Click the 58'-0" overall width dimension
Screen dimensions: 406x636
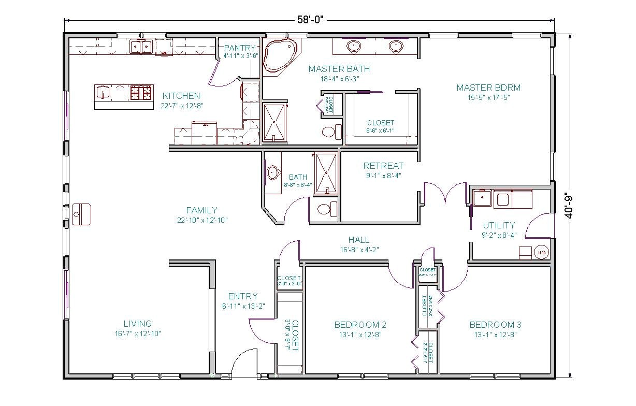click(x=309, y=20)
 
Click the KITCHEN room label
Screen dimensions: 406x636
click(x=181, y=96)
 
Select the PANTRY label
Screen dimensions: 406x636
click(x=240, y=48)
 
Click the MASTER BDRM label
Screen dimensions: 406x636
click(x=488, y=88)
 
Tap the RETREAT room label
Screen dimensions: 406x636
click(x=383, y=166)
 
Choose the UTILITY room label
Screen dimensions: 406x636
click(x=499, y=225)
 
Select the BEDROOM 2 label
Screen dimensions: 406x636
click(x=360, y=325)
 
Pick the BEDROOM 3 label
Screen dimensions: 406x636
click(x=495, y=325)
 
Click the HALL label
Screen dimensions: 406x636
click(x=359, y=240)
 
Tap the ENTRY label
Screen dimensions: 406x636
click(x=242, y=296)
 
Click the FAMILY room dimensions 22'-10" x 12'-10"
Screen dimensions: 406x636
click(x=202, y=220)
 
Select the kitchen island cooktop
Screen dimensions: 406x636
click(x=141, y=93)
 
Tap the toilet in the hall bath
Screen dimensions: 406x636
click(x=327, y=209)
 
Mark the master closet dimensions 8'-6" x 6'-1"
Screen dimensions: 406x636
click(x=381, y=131)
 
